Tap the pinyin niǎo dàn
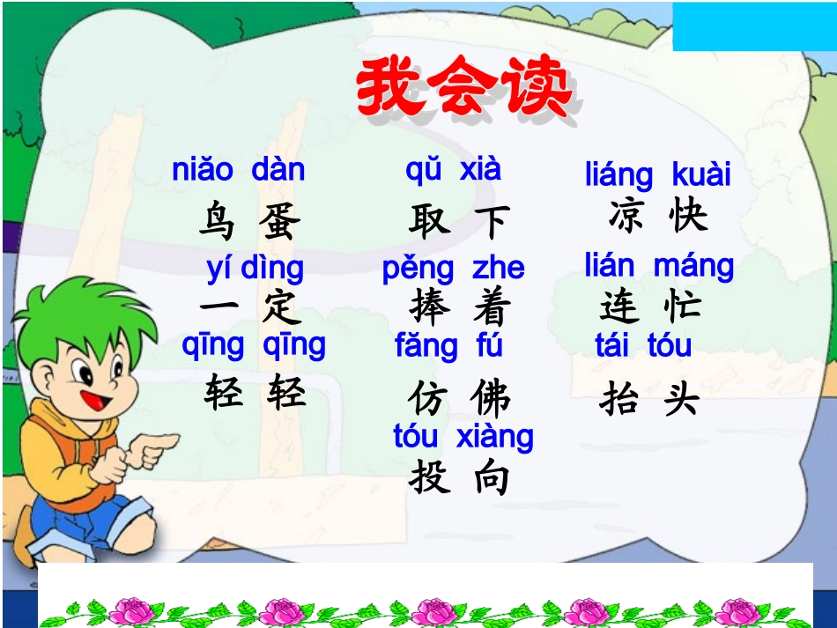click(238, 170)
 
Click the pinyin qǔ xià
click(453, 168)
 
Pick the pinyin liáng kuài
click(657, 174)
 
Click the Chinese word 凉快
click(657, 216)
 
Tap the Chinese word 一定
click(250, 307)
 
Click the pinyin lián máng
click(659, 265)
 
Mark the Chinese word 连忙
click(650, 306)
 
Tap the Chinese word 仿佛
click(458, 398)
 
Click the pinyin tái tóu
click(643, 345)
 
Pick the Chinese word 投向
click(459, 477)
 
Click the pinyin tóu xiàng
click(463, 437)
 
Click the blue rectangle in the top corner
click(754, 26)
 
